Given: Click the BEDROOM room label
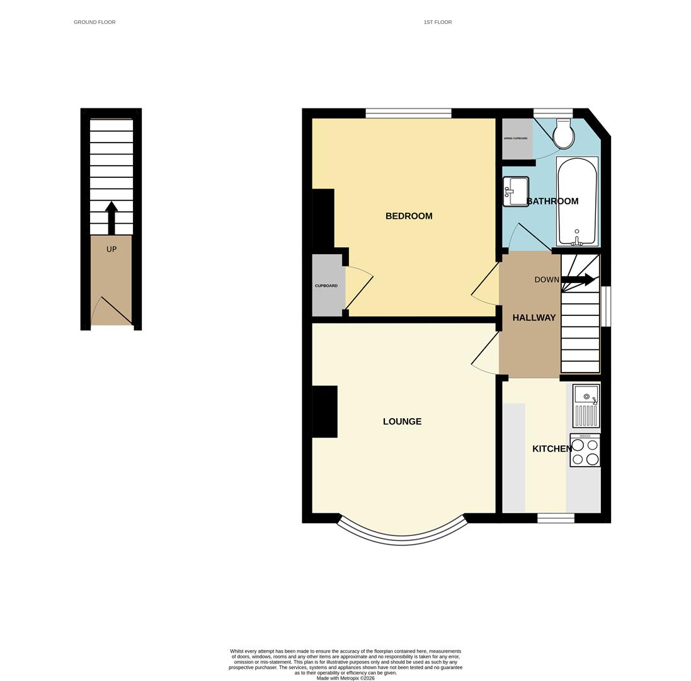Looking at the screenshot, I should [x=409, y=216].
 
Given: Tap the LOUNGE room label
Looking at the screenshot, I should [x=402, y=422].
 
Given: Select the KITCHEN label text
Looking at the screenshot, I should [x=552, y=449].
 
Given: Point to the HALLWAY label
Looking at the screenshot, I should [x=534, y=318].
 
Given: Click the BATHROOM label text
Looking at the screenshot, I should [x=552, y=202].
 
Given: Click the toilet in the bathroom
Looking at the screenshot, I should [x=563, y=134].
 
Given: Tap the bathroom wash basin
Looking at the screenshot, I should [x=516, y=192].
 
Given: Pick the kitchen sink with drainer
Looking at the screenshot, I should [x=586, y=406].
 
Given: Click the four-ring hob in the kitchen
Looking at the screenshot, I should [x=585, y=450].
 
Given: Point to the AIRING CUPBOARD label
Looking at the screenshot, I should [x=516, y=139].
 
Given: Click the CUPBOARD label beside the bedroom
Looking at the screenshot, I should [x=326, y=286].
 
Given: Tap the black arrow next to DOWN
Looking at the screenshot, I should [x=578, y=279].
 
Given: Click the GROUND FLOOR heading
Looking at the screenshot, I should [x=94, y=22].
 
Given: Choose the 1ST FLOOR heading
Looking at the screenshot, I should [x=437, y=22].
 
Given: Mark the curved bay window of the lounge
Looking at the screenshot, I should [x=403, y=538].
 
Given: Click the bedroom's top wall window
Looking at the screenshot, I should [x=408, y=113].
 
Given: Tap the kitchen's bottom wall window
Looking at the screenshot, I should [x=556, y=518].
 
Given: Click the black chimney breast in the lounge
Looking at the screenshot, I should [x=325, y=412].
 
